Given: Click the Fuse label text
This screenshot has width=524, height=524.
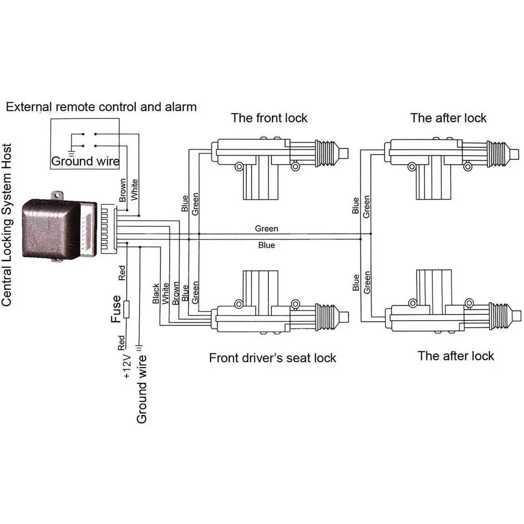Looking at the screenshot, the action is [x=116, y=309].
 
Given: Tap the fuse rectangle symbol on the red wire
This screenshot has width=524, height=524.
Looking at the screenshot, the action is [x=126, y=310].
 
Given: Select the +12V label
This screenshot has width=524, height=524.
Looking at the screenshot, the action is [x=127, y=366].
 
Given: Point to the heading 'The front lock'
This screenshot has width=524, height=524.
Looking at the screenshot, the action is [x=269, y=118].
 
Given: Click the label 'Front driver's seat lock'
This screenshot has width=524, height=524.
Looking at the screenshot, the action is [x=272, y=358].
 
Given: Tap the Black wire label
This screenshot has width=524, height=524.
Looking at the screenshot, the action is [x=156, y=294].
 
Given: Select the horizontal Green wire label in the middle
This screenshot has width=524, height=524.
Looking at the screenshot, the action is [x=266, y=228].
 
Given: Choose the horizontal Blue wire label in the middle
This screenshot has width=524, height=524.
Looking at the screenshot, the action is [x=266, y=245].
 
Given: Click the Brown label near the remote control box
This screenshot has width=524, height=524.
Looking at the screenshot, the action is [x=123, y=190].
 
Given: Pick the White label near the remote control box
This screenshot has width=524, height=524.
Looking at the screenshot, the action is [x=134, y=190].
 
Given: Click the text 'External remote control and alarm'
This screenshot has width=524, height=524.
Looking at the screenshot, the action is [x=101, y=107].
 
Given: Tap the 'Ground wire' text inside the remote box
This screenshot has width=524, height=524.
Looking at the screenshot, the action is [x=85, y=161].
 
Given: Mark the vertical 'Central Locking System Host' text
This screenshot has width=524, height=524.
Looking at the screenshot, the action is [x=7, y=225].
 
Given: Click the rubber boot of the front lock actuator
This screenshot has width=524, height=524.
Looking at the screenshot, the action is [x=326, y=154].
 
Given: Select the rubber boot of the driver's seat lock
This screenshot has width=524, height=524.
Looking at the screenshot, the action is [x=326, y=317].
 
